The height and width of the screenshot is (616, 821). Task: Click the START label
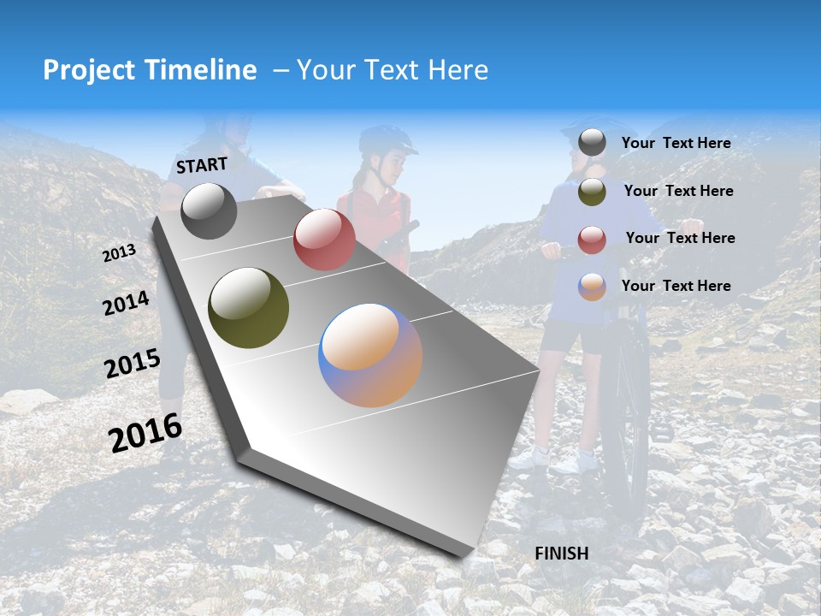pos(202,165)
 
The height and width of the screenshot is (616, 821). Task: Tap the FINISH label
pos(562,554)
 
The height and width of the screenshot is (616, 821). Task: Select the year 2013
pos(120,252)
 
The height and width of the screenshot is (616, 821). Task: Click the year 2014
pos(126,304)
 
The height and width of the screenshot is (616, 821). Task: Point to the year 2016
pos(146,433)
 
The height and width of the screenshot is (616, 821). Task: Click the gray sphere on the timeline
pos(209,210)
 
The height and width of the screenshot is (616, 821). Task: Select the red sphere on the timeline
pos(324,240)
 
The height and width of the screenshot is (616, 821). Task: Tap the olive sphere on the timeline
pos(248,309)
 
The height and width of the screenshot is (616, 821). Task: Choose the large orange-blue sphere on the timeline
pos(370,355)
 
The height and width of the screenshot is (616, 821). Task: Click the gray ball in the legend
pos(592,143)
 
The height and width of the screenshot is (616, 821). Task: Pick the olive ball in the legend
pos(592,192)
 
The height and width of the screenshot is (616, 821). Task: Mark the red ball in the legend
pos(592,240)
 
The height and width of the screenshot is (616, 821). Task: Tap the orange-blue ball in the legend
pos(592,287)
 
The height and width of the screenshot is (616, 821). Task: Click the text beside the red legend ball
pos(680,238)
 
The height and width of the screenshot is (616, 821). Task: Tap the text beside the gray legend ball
pos(676,143)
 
